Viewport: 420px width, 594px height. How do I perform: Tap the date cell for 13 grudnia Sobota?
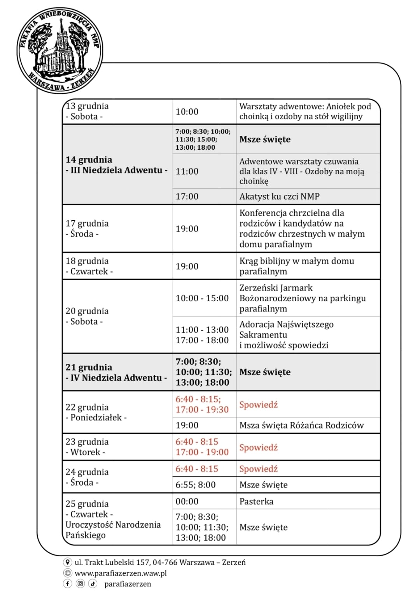coord(87,111)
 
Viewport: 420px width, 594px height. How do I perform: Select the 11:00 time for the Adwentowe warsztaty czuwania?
coord(187,171)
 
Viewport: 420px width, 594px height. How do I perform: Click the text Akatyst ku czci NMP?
coord(279,197)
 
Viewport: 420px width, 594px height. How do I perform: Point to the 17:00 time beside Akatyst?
coord(187,197)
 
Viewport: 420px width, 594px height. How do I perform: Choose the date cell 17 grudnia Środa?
coord(87,229)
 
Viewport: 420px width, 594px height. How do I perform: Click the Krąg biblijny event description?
coord(296,266)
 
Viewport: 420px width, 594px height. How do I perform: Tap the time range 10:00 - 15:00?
coord(202,298)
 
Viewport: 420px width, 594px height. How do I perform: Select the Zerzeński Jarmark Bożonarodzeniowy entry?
coord(302,298)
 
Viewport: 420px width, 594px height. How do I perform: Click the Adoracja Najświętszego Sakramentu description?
coord(286,335)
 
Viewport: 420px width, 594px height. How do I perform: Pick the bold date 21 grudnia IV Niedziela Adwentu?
coord(116,372)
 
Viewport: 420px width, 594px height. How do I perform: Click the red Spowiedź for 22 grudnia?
coord(259,405)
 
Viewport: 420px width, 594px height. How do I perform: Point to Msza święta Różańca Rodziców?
coord(301,425)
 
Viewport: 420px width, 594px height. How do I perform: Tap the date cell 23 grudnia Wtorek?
coord(87,447)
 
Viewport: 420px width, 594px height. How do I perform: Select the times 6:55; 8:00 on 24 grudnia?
coord(196,485)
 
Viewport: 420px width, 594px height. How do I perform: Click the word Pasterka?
coord(256,501)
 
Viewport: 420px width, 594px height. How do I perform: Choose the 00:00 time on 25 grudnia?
coord(187,501)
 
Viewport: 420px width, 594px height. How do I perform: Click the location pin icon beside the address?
coord(68,562)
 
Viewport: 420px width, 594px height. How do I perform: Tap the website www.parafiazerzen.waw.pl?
coord(121,573)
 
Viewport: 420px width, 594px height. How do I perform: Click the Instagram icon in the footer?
coord(80,584)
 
